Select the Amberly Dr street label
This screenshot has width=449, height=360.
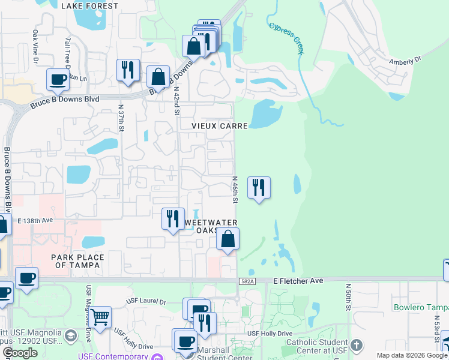pyautogui.click(x=406, y=61)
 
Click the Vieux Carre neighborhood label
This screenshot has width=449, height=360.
pyautogui.click(x=220, y=127)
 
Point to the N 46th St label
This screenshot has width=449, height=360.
pyautogui.click(x=235, y=190)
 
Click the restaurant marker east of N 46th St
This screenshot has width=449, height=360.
pyautogui.click(x=259, y=188)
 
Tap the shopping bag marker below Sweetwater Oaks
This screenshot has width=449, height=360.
pyautogui.click(x=228, y=239)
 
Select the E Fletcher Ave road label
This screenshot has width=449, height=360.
pyautogui.click(x=298, y=280)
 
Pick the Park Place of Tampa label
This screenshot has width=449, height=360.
pyautogui.click(x=77, y=262)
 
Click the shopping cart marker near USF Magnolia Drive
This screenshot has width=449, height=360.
pyautogui.click(x=100, y=316)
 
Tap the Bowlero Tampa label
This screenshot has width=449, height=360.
pyautogui.click(x=421, y=308)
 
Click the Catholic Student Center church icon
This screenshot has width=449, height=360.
pyautogui.click(x=357, y=345)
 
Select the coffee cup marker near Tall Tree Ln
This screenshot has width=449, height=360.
pyautogui.click(x=58, y=79)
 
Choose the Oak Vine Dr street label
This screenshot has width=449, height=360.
pyautogui.click(x=35, y=47)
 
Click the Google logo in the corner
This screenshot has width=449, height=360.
pyautogui.click(x=19, y=353)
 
